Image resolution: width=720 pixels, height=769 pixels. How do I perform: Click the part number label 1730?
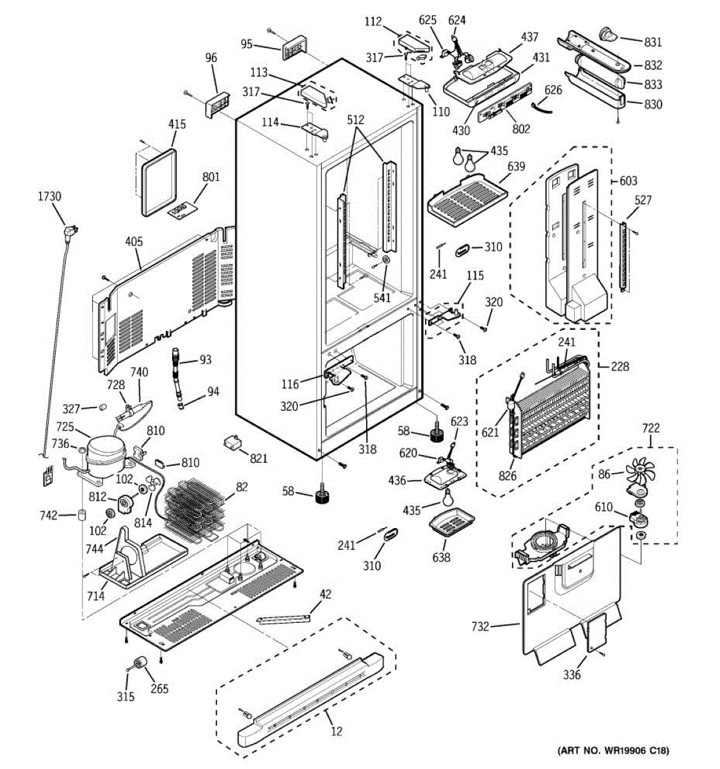pyautogui.click(x=49, y=196)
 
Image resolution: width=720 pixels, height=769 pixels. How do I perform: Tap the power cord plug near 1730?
pyautogui.click(x=71, y=233)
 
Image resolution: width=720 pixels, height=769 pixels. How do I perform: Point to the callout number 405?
pyautogui.click(x=134, y=242)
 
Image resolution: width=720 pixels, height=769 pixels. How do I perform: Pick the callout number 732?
pyautogui.click(x=480, y=626)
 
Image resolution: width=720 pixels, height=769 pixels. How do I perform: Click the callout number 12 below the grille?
pyautogui.click(x=337, y=731)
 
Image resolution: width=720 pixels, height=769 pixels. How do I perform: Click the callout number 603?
pyautogui.click(x=628, y=181)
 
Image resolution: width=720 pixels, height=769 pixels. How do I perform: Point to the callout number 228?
pyautogui.click(x=620, y=367)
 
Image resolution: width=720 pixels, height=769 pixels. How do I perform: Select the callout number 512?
pyautogui.click(x=355, y=120)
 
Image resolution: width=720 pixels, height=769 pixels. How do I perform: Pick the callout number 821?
pyautogui.click(x=259, y=458)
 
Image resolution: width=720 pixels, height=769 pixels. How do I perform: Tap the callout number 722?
pyautogui.click(x=651, y=428)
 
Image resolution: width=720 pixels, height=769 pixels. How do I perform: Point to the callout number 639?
pyautogui.click(x=516, y=167)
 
